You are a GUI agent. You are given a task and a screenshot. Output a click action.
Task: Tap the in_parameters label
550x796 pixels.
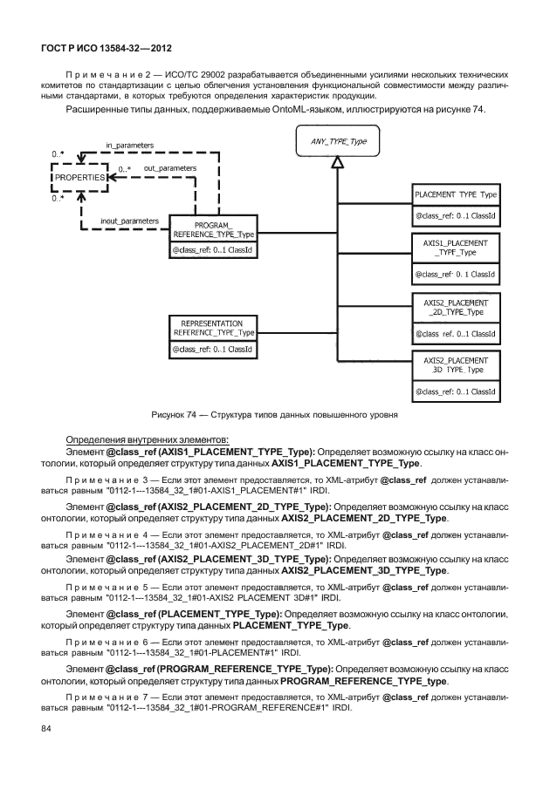[x=129, y=146]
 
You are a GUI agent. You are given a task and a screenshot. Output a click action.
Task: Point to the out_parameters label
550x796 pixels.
[x=169, y=168]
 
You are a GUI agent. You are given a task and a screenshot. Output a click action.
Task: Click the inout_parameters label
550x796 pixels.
[x=129, y=221]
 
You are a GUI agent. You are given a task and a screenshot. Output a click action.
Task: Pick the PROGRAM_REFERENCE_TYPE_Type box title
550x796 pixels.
[x=214, y=229]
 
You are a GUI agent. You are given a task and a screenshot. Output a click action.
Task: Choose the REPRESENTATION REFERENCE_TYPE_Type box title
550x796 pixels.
[x=214, y=328]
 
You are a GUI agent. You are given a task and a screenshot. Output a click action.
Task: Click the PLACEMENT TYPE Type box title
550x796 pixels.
[x=456, y=194]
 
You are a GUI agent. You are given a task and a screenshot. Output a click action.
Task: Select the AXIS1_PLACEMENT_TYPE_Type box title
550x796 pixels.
[x=456, y=248]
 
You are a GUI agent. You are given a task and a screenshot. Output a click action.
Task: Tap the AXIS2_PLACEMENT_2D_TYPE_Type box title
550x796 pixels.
[x=456, y=307]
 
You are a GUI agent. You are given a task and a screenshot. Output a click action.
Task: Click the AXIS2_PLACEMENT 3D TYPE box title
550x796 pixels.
[x=456, y=365]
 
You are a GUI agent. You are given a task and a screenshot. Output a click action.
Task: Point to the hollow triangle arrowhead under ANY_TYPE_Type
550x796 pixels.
[x=338, y=162]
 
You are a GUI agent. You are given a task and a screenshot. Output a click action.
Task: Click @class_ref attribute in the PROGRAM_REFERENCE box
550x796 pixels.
[x=212, y=249]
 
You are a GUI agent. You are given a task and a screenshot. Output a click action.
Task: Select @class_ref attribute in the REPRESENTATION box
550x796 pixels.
[x=212, y=350]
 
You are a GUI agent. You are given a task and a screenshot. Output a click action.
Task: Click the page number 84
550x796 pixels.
[x=45, y=729]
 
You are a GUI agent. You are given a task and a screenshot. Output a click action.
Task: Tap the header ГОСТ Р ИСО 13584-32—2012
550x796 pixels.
[x=107, y=48]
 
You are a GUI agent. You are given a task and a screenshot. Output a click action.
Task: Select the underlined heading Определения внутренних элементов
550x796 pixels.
[x=148, y=439]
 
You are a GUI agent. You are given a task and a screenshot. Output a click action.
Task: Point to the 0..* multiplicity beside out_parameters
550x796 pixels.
[x=125, y=169]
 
